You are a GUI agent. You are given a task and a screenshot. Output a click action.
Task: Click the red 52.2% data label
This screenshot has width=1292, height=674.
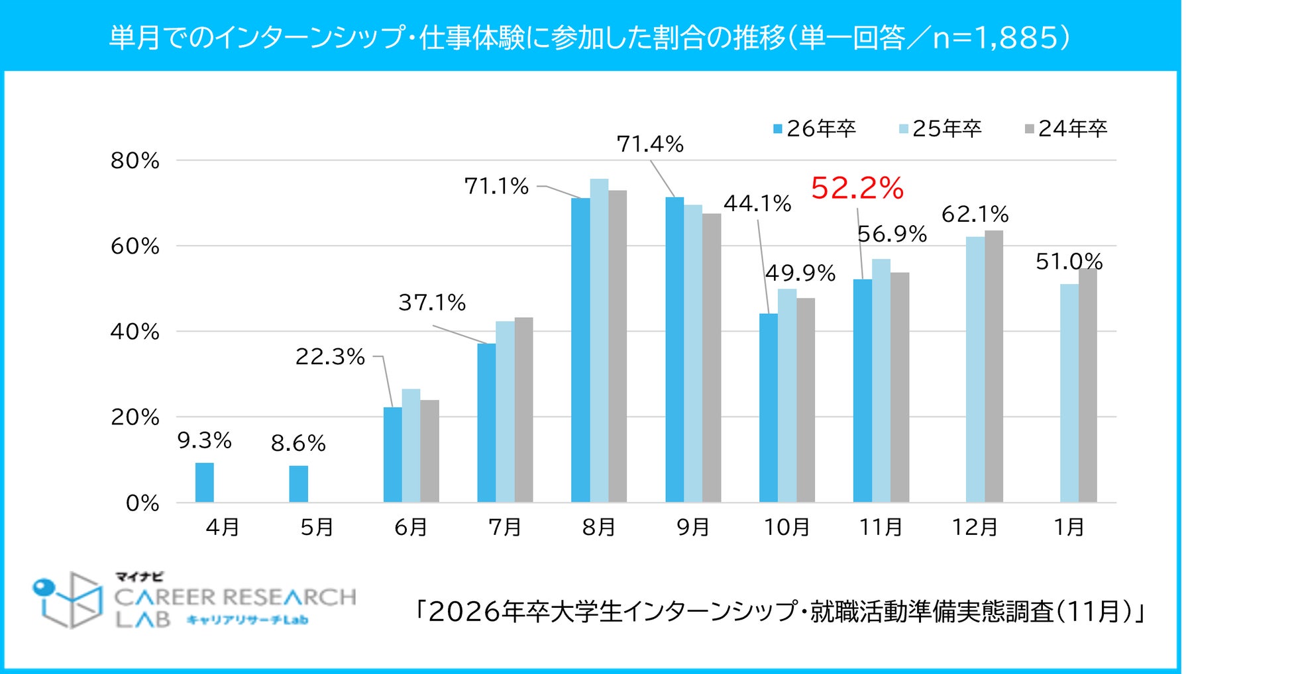857,188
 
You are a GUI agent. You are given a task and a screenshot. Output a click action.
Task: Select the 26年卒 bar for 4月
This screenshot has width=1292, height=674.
205,482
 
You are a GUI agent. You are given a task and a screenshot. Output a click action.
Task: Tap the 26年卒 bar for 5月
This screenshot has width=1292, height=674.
298,484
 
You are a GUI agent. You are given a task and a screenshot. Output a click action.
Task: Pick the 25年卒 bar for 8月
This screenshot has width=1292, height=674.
599,340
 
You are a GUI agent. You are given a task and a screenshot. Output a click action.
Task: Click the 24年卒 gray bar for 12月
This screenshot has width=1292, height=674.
993,366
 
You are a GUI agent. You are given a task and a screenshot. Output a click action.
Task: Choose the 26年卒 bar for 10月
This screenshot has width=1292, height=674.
769,408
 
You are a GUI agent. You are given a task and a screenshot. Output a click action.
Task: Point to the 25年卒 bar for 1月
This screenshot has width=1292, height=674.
1069,393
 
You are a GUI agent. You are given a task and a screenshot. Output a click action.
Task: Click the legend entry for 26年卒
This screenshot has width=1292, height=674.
814,128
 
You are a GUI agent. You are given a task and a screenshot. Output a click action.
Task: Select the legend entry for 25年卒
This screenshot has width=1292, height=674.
940,128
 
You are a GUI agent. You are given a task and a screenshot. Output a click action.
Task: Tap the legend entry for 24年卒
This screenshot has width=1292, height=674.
1066,128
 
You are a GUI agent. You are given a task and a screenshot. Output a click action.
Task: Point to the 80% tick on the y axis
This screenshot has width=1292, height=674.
135,161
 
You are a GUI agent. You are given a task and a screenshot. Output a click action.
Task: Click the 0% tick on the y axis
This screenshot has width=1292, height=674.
142,503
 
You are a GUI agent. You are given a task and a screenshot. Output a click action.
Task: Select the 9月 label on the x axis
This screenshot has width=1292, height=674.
693,527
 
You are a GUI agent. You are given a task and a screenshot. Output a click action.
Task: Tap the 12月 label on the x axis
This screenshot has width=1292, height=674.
975,527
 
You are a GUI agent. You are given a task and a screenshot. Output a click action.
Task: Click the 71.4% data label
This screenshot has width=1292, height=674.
650,144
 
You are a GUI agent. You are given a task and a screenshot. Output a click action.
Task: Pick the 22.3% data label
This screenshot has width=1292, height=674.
330,357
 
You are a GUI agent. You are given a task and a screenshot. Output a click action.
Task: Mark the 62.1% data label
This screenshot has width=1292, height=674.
975,214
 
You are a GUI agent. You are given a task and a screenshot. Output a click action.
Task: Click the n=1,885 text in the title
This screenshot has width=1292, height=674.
1000,38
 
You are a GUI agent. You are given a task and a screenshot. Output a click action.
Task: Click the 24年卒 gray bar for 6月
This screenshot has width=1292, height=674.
429,451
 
